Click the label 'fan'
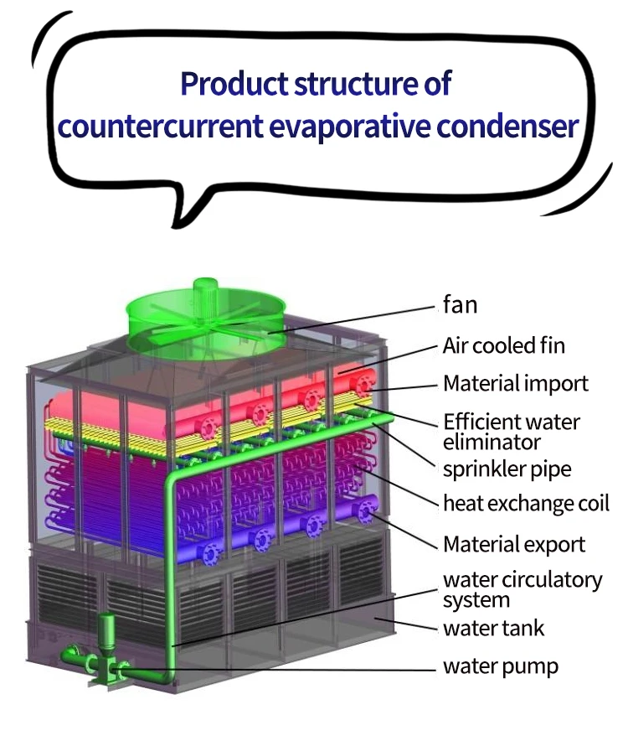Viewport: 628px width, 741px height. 460,305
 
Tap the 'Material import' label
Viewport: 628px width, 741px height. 515,384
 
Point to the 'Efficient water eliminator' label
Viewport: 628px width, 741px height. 511,430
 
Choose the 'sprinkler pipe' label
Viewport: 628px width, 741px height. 507,469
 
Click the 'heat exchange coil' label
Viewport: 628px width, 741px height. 526,503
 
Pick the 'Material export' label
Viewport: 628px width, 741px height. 514,544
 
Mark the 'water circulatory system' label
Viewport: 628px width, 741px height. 522,589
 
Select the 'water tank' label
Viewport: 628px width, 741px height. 494,627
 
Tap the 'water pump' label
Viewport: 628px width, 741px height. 500,667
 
